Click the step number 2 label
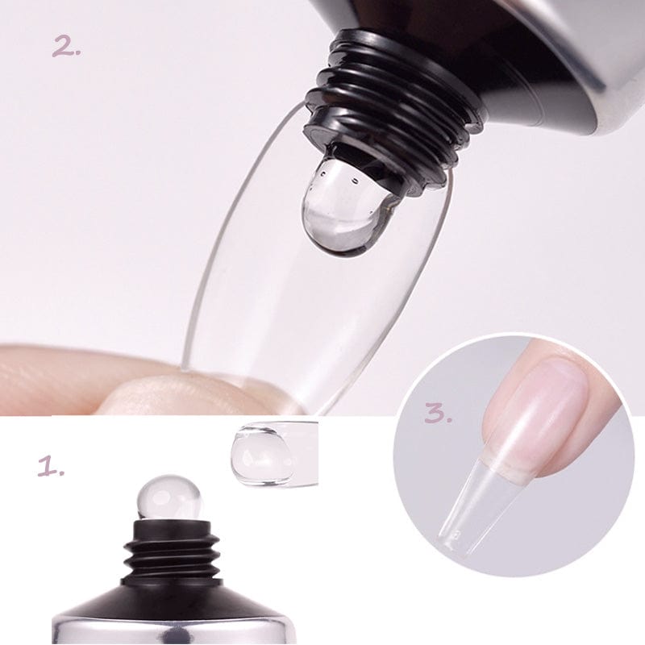click(x=67, y=47)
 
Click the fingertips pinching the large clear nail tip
click(x=121, y=387)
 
